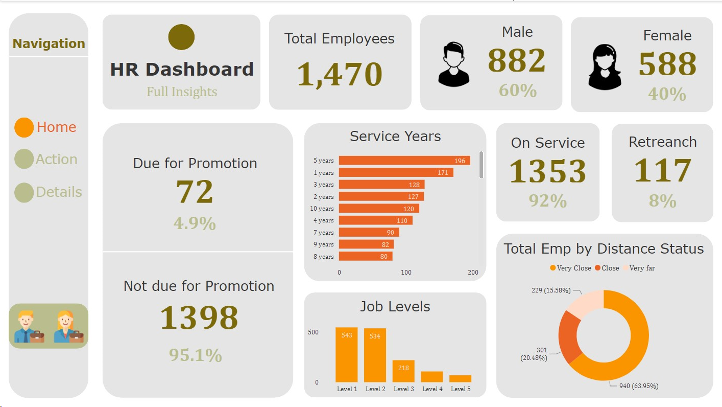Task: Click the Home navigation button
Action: click(46, 127)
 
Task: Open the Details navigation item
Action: click(49, 192)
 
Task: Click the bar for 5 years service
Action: click(404, 161)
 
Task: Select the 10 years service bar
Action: click(378, 209)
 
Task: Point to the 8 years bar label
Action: click(323, 257)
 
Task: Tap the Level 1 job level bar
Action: click(347, 355)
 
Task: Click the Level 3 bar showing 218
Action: click(403, 371)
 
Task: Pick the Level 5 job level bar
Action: click(460, 379)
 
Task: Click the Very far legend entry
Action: click(639, 268)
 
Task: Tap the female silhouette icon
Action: click(605, 67)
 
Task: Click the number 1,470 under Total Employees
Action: click(340, 74)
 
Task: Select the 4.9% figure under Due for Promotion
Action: click(195, 223)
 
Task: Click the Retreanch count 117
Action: click(662, 171)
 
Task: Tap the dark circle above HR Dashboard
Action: click(181, 37)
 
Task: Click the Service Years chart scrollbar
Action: click(481, 165)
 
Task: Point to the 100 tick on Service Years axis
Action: click(406, 273)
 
